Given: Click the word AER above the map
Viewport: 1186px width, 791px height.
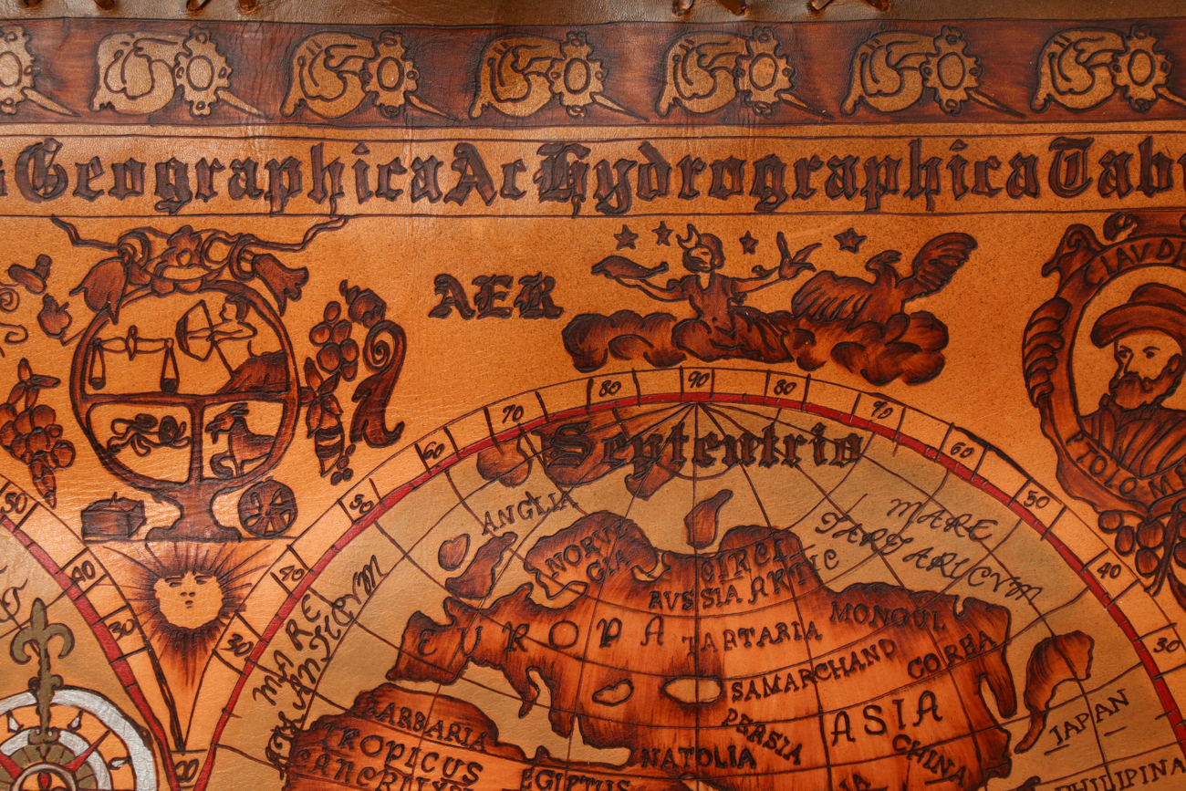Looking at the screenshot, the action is pos(495,297).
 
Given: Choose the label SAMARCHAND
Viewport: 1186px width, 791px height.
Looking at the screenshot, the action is pos(813,671).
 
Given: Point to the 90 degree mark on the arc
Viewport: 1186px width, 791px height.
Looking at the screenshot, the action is pos(698,379).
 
